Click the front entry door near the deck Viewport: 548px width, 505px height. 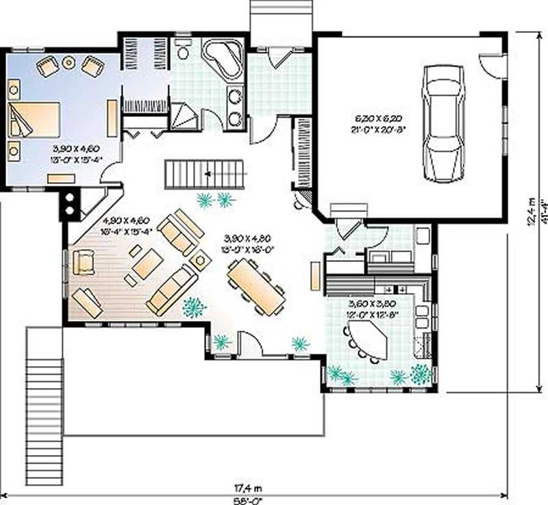tap(249, 346)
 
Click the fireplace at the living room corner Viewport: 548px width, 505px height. tap(71, 203)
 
